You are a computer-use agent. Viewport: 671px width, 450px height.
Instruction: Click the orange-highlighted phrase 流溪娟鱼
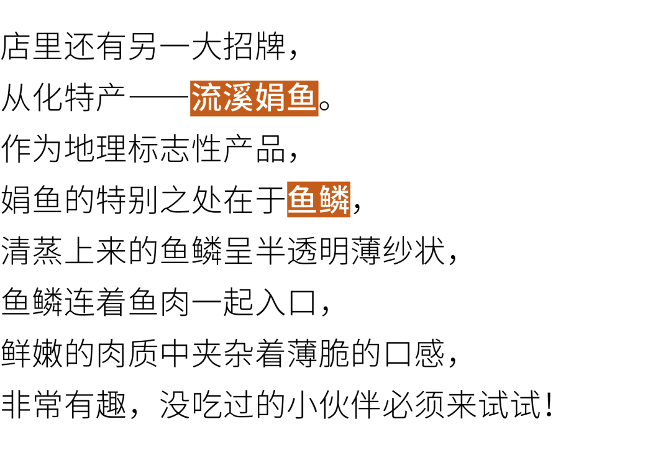[x=254, y=98]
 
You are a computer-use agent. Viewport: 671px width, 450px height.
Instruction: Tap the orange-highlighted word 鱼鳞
[x=318, y=200]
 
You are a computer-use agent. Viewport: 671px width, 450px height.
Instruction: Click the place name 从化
[x=32, y=98]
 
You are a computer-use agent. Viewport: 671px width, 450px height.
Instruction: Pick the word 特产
[x=96, y=98]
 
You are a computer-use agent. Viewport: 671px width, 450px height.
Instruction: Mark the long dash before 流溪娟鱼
[x=159, y=99]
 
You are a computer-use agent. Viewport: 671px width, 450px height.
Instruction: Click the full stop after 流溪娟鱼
[x=324, y=105]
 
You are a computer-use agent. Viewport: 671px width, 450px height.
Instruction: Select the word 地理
[x=96, y=149]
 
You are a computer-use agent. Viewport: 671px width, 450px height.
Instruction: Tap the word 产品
[x=255, y=149]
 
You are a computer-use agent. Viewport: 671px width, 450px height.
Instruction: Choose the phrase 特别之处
[x=159, y=200]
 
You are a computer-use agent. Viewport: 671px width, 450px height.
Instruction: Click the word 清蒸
[x=32, y=250]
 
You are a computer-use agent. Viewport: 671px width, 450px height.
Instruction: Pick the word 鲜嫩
[x=32, y=353]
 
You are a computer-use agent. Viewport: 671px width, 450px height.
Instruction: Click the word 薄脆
[x=318, y=353]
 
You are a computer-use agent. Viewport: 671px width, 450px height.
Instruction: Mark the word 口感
[x=414, y=353]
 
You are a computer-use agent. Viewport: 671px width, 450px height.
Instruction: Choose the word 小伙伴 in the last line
[x=334, y=404]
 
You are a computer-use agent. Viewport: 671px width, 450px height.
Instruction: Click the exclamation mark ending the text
[x=549, y=405]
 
